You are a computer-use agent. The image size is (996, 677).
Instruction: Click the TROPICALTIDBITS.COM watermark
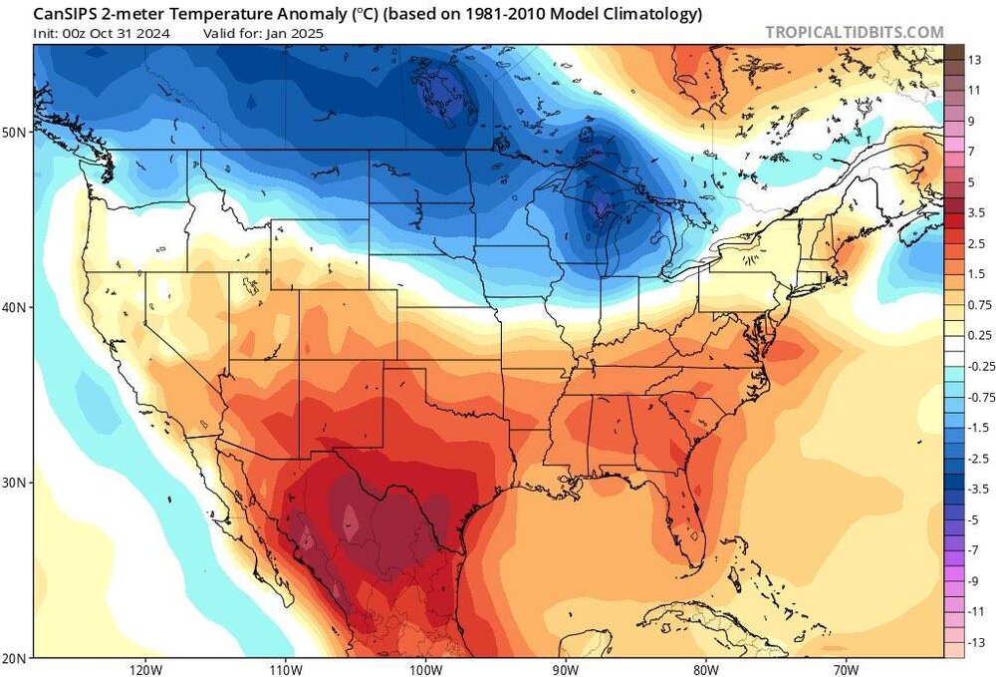coord(854,32)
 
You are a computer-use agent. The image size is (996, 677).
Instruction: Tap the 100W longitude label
coord(425,668)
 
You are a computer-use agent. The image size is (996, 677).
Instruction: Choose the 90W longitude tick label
coord(565,668)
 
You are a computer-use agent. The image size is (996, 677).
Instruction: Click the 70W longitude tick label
coord(846,668)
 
